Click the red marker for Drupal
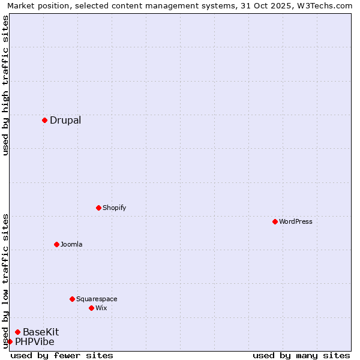point(44,120)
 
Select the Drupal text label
point(65,120)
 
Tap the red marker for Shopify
point(98,208)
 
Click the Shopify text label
point(114,208)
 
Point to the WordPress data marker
point(275,221)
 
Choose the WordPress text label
point(296,221)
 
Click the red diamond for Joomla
point(56,244)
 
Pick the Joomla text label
point(71,244)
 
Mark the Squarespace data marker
point(72,299)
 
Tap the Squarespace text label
point(97,299)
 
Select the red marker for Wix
point(91,308)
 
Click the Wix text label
point(101,308)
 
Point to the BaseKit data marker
point(17,332)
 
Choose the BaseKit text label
point(41,332)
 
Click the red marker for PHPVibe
point(10,341)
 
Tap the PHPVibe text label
point(35,341)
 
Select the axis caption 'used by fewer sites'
point(62,355)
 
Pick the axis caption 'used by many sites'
point(301,355)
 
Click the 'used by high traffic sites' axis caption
point(5,85)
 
